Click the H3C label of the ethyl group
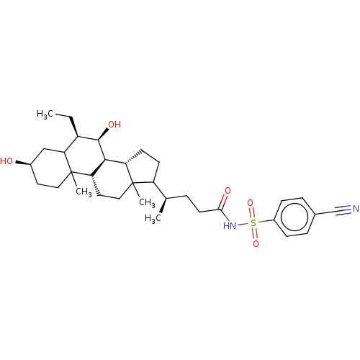[45, 114]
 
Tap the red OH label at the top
[114, 125]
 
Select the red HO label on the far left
[6, 161]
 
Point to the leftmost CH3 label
[84, 192]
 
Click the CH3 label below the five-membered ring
[147, 202]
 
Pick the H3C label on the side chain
[153, 219]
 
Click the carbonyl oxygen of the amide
[228, 191]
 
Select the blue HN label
[230, 226]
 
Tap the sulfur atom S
[253, 223]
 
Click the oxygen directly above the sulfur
[251, 203]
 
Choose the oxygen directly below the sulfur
[256, 244]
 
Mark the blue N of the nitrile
[356, 209]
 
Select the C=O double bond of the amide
[223, 202]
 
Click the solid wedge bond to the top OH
[104, 134]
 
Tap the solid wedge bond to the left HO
[23, 163]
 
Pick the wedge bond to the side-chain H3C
[163, 205]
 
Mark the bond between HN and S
[243, 225]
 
